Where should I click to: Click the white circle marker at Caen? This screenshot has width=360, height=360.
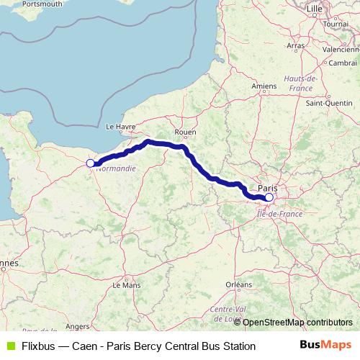pos(90,163)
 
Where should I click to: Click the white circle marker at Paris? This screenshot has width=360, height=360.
pos(269,197)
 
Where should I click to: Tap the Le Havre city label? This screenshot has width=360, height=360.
pos(121,126)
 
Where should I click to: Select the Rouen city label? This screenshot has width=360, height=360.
pos(186,132)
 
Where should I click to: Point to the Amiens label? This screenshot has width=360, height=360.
pos(264,86)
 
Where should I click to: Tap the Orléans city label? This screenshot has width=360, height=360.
pos(238,285)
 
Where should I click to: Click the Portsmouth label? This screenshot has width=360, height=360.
pos(22,4)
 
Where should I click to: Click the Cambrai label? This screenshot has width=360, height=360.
pos(344,63)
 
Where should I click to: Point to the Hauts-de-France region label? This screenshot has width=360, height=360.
pos(301,82)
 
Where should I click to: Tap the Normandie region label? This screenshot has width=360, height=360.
pos(115,169)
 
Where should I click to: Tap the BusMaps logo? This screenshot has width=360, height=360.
pos(325,346)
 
